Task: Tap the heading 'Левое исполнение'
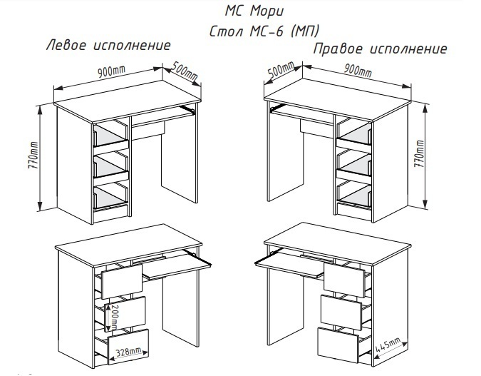(108, 45)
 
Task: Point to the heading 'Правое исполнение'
(381, 49)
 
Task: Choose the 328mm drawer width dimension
(133, 351)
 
